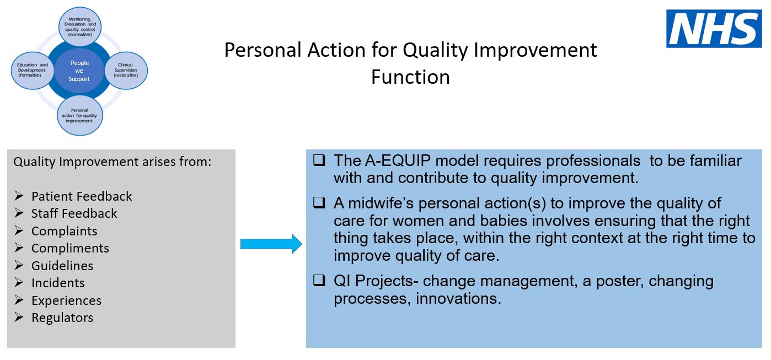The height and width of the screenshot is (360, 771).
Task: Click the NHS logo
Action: (x=714, y=29)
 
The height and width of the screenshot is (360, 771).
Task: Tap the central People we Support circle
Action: (x=79, y=71)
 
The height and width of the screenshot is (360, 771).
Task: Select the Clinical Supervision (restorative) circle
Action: (x=126, y=70)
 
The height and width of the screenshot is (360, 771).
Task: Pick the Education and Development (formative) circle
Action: (x=33, y=70)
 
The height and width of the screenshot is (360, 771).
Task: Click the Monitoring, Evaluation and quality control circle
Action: (x=80, y=26)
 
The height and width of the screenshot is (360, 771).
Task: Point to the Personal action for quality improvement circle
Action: (x=79, y=115)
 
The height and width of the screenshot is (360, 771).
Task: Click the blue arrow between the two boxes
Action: (x=271, y=244)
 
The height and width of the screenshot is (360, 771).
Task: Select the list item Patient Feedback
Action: (x=82, y=196)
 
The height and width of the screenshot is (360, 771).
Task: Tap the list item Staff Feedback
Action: (x=74, y=213)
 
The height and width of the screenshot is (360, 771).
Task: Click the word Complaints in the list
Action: (x=65, y=231)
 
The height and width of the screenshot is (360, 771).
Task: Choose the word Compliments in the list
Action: (x=70, y=248)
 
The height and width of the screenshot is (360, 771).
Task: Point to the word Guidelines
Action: (x=62, y=266)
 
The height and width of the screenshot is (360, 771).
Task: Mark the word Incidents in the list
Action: (x=58, y=283)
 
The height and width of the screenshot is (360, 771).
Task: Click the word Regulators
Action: (x=62, y=318)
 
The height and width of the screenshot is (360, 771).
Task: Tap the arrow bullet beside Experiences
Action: (x=19, y=300)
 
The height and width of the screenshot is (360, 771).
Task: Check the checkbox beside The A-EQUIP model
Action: (x=319, y=160)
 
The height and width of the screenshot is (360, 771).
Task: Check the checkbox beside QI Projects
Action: (x=319, y=281)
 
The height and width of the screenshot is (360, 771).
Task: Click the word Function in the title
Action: (x=411, y=77)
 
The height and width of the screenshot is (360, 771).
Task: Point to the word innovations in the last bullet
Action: (x=458, y=298)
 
